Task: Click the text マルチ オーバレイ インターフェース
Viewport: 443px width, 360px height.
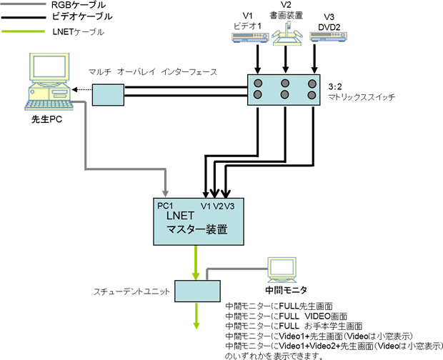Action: coord(152,72)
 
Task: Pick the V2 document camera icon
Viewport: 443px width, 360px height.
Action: coord(287,36)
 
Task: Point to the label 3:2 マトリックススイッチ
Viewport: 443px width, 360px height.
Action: coord(361,91)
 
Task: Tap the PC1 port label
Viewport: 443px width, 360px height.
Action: coord(166,206)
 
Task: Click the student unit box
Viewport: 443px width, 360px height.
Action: coord(197,291)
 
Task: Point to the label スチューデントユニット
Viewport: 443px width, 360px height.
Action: coord(132,291)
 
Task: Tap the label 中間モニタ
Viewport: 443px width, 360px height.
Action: coord(286,290)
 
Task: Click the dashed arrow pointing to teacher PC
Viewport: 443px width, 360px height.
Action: coord(81,91)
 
